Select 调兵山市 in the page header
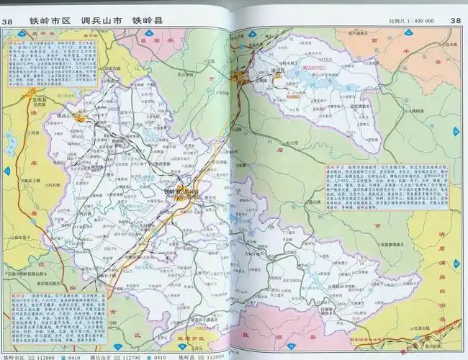(x=101, y=21)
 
